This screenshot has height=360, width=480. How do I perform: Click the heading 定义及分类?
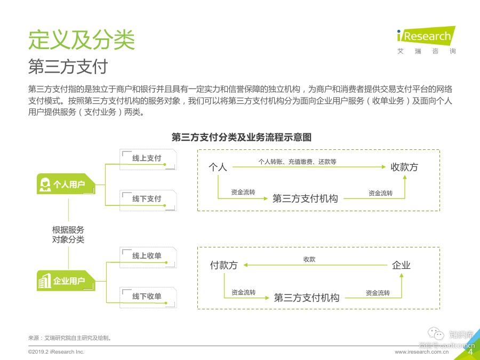pyautogui.click(x=82, y=39)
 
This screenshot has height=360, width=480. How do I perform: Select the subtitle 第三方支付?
pyautogui.click(x=68, y=67)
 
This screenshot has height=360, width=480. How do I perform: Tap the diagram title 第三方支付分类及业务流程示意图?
pyautogui.click(x=241, y=137)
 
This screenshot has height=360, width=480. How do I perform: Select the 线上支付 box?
pyautogui.click(x=147, y=158)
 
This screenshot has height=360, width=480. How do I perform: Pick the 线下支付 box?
pyautogui.click(x=147, y=198)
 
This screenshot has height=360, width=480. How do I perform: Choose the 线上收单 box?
pyautogui.click(x=147, y=256)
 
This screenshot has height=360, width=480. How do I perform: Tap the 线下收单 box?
pyautogui.click(x=147, y=297)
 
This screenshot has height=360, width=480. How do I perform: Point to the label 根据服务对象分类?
pyautogui.click(x=68, y=235)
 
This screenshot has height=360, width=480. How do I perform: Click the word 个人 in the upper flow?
pyautogui.click(x=218, y=167)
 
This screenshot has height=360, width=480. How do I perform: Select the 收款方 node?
pyautogui.click(x=404, y=167)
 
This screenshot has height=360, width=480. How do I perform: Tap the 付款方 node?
pyautogui.click(x=223, y=265)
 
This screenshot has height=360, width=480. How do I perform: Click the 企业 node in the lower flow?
pyautogui.click(x=401, y=265)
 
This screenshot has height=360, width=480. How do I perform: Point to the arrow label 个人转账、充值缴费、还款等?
pyautogui.click(x=297, y=161)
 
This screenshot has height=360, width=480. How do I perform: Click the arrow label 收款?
pyautogui.click(x=309, y=259)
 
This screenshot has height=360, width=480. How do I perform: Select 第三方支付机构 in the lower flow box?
pyautogui.click(x=307, y=297)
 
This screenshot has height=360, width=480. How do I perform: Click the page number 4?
pyautogui.click(x=470, y=351)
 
